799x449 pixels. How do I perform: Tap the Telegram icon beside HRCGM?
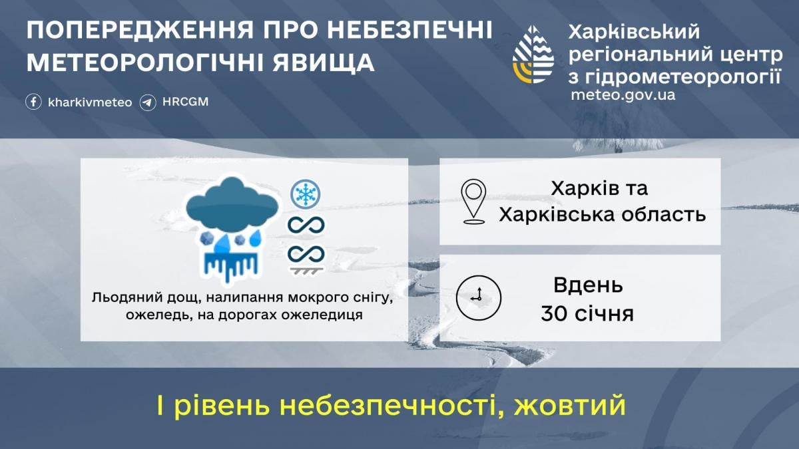pyautogui.click(x=148, y=102)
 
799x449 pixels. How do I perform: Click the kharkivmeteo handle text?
pyautogui.click(x=90, y=102)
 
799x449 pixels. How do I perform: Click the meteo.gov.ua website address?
pyautogui.click(x=623, y=94)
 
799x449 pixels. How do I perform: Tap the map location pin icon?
pyautogui.click(x=473, y=201)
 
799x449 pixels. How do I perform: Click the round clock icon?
pyautogui.click(x=478, y=297)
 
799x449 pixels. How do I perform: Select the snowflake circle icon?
pyautogui.click(x=306, y=194)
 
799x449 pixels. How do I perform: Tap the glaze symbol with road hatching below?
pyautogui.click(x=306, y=259)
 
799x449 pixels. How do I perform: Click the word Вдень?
pyautogui.click(x=588, y=286)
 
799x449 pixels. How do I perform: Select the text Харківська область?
pyautogui.click(x=602, y=214)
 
